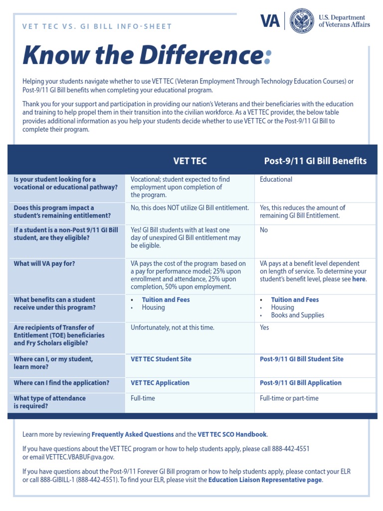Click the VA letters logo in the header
pyautogui.click(x=270, y=21)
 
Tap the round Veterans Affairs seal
pyautogui.click(x=301, y=21)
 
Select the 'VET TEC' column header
pyautogui.click(x=190, y=161)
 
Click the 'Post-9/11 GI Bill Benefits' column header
pyautogui.click(x=315, y=161)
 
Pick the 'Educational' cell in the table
pyautogui.click(x=276, y=179)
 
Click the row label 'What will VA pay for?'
pyautogui.click(x=44, y=263)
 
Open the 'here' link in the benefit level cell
pyautogui.click(x=359, y=279)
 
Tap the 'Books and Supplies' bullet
pyautogui.click(x=297, y=315)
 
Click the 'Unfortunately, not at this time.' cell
pyautogui.click(x=172, y=327)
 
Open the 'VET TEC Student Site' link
pyautogui.click(x=161, y=359)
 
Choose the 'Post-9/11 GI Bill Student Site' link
pyautogui.click(x=302, y=359)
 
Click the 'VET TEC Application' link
pyautogui.click(x=160, y=383)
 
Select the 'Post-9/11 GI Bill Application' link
pyautogui.click(x=301, y=383)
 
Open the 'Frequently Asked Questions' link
pyautogui.click(x=133, y=435)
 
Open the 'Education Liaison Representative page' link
pyautogui.click(x=265, y=480)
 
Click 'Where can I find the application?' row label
pyautogui.click(x=61, y=383)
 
